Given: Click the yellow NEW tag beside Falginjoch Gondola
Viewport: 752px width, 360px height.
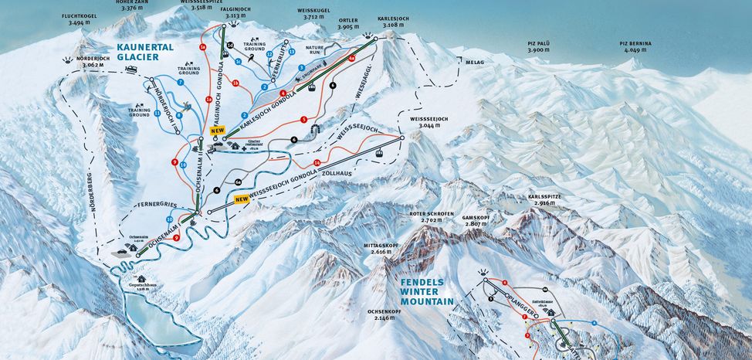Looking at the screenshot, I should (217, 131).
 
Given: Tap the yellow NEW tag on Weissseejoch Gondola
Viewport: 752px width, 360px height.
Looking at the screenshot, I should (241, 199).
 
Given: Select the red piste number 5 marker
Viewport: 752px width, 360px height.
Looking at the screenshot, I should (304, 120).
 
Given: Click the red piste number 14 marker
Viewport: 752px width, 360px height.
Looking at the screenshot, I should (317, 161).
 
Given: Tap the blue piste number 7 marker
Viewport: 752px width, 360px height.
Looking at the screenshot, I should (179, 81).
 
